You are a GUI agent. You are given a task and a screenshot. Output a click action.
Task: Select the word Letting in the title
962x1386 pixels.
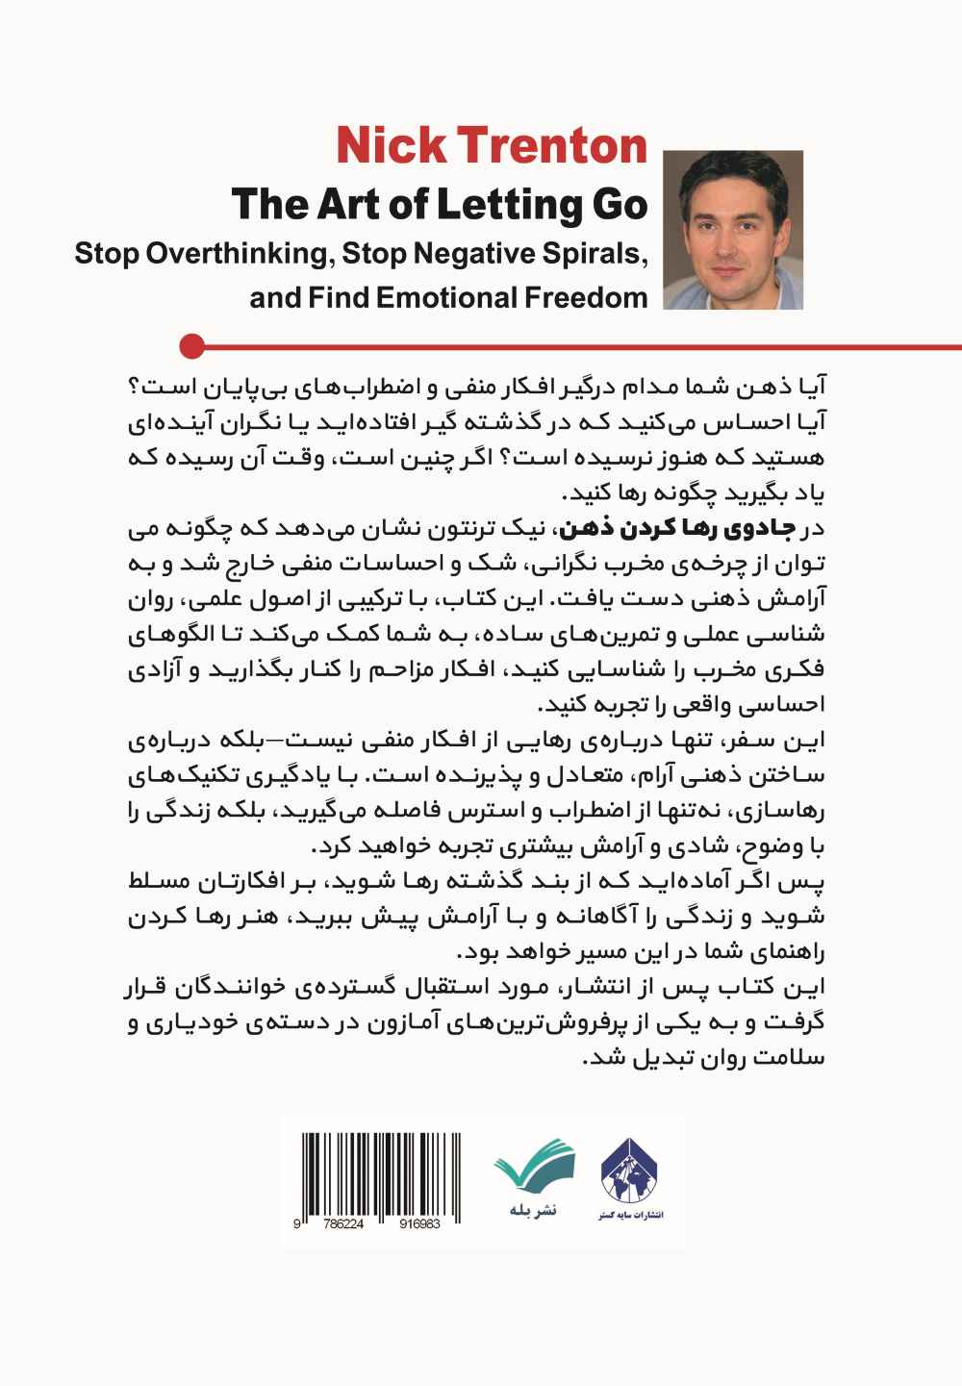[513, 205]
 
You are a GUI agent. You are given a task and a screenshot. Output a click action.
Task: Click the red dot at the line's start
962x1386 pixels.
[193, 344]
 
